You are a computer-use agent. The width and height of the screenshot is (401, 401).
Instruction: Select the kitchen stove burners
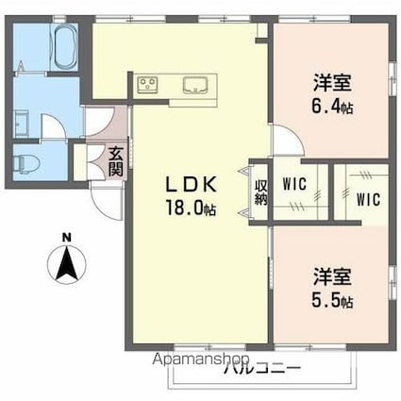pos(149,86)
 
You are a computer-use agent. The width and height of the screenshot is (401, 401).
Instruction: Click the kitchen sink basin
pos(195,86)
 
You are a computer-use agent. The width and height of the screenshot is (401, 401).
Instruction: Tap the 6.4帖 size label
pos(332,108)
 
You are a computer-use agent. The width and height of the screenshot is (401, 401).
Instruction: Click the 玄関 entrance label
pos(115,162)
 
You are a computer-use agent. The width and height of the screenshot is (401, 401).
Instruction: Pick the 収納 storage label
pos(260,191)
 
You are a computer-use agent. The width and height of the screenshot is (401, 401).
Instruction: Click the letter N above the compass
pos(64,236)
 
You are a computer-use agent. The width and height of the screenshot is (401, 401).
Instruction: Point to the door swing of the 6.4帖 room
pos(286,141)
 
